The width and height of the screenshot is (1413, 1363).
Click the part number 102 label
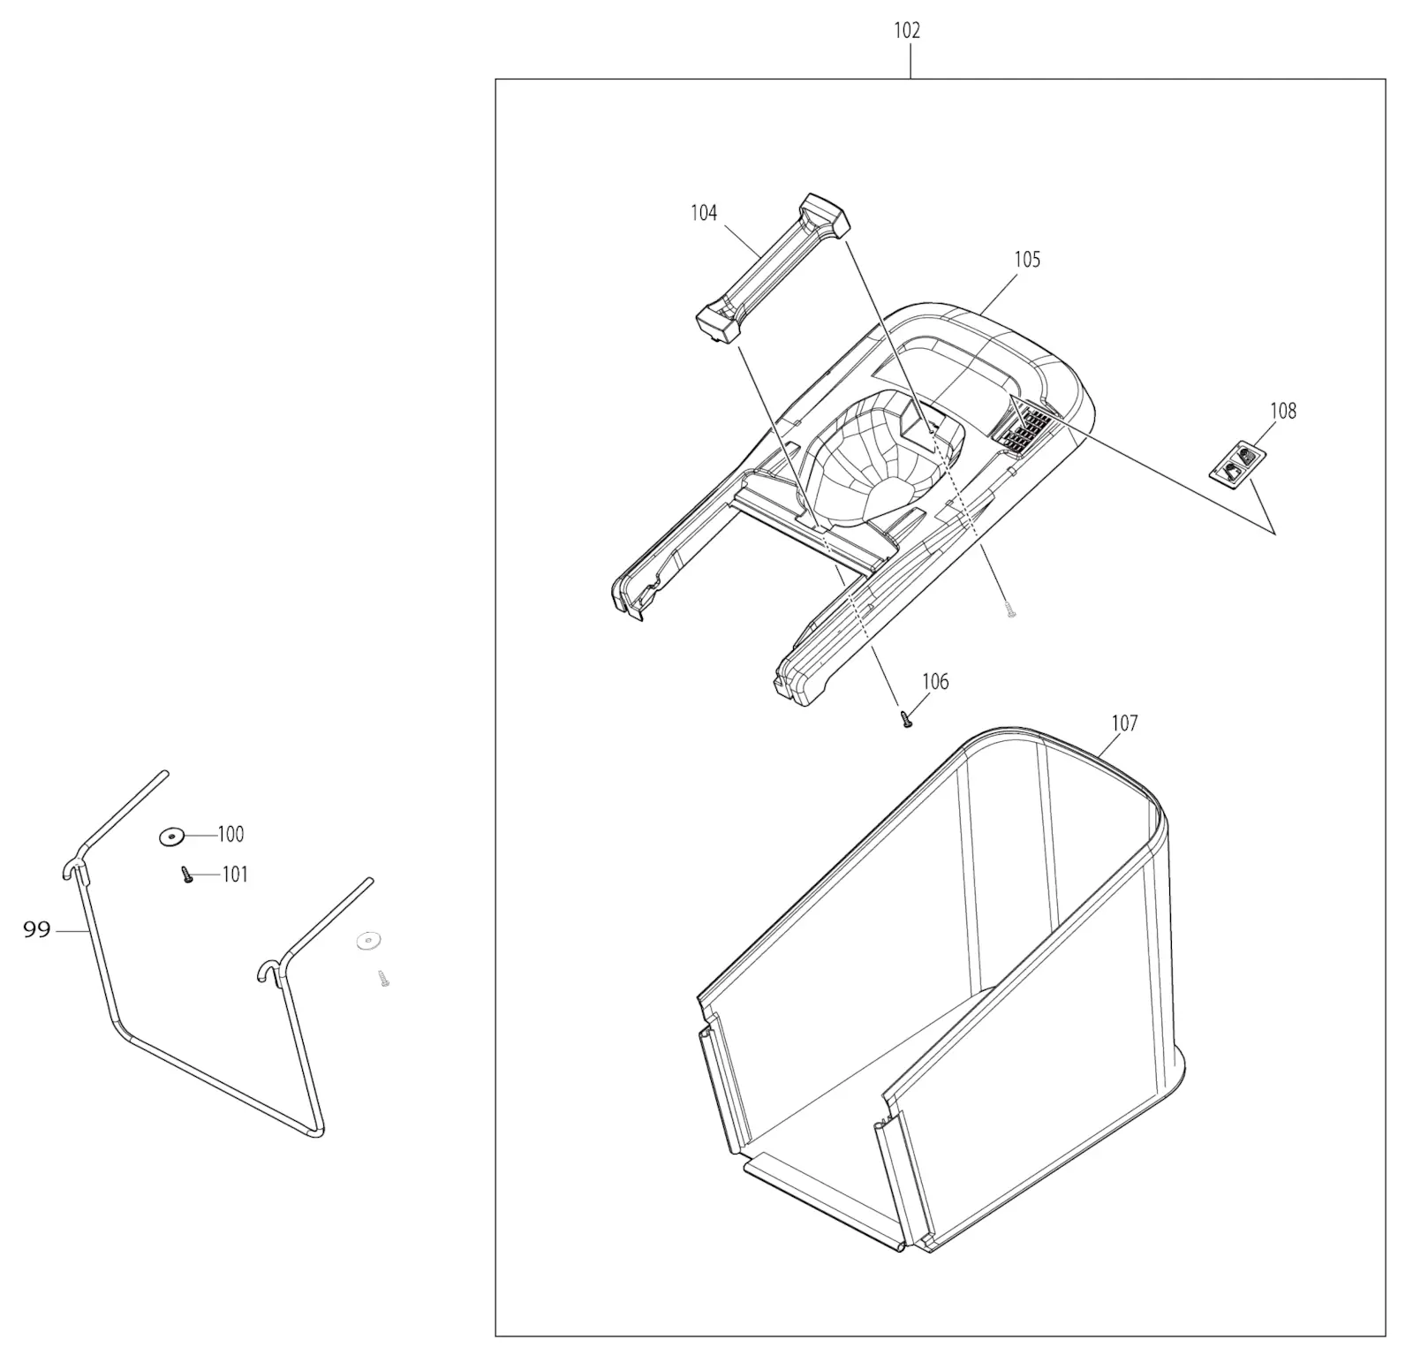(x=907, y=31)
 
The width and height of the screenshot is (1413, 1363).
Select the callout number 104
(x=704, y=213)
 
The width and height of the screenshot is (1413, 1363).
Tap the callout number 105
(x=1027, y=260)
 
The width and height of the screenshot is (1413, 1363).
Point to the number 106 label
(x=935, y=681)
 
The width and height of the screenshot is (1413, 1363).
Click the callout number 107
(x=1124, y=723)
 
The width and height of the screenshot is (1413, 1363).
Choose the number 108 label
(x=1283, y=411)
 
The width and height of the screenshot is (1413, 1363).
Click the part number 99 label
(x=36, y=929)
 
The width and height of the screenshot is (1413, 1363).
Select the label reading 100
(x=230, y=834)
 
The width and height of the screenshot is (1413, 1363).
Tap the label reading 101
(x=234, y=875)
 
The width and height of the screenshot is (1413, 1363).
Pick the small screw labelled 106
(x=906, y=719)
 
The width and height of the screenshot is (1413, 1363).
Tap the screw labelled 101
(x=187, y=875)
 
